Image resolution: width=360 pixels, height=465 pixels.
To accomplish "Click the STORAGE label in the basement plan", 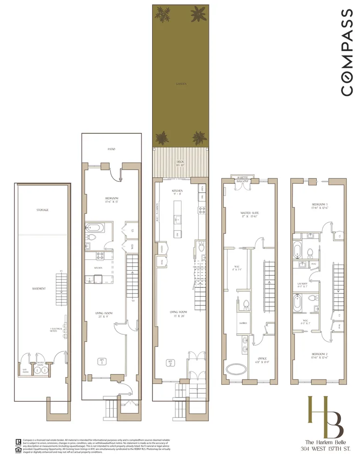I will tap(42, 210).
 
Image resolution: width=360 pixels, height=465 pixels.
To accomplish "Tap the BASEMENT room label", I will tap(39, 289).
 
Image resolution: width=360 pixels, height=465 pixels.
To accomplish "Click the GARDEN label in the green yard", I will tap(181, 84).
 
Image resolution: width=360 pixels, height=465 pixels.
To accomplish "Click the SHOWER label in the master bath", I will tap(242, 323).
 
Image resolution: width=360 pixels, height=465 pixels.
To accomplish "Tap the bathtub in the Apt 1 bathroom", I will tap(95, 228).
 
